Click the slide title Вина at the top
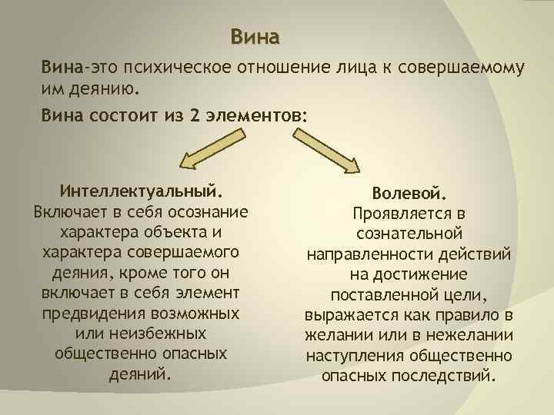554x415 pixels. pos(255,36)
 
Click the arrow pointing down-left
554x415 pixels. pos(207,149)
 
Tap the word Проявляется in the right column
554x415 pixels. pos(396,213)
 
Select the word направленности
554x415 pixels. pos(372,254)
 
